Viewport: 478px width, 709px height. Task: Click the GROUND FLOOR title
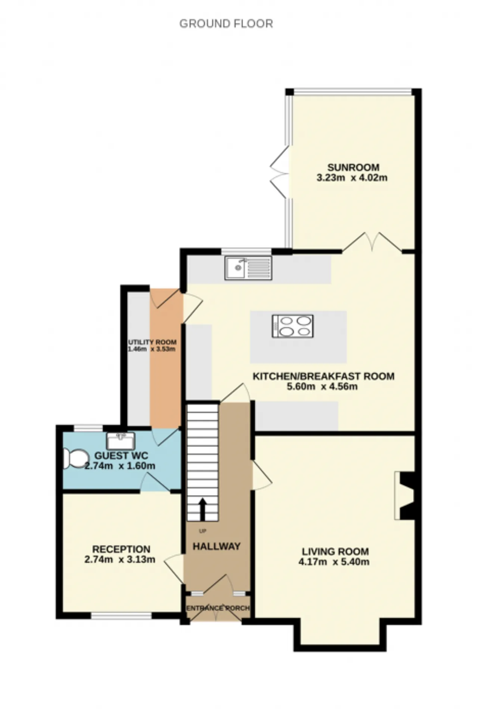226,24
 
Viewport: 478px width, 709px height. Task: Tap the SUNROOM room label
353,168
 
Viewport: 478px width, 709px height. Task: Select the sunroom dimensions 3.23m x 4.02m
352,178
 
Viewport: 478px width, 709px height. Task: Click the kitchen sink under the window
248,268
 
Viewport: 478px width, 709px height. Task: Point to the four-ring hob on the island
293,327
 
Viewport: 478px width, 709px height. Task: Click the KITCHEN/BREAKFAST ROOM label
323,376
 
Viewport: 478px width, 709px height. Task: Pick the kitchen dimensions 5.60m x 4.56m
322,387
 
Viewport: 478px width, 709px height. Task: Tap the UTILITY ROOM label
152,342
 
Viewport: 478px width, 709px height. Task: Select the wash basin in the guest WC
121,441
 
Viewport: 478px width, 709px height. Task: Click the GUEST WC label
121,456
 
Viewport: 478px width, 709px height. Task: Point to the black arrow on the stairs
203,509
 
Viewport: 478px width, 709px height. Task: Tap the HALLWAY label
217,546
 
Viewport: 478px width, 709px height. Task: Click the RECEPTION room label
121,549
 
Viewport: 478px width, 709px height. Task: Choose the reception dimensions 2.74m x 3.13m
120,560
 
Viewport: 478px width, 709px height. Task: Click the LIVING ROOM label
335,552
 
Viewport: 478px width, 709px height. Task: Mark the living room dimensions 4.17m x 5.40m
334,562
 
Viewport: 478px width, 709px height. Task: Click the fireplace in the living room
405,496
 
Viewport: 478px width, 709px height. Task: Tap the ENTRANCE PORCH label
218,608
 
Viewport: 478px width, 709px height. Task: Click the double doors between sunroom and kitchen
372,243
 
